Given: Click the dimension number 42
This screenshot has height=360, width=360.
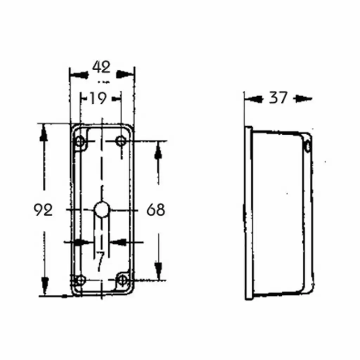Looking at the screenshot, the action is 101,67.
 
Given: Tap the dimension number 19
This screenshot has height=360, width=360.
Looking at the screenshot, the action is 98,98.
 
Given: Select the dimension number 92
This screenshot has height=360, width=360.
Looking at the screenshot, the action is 43,210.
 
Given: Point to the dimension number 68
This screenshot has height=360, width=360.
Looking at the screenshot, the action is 156,210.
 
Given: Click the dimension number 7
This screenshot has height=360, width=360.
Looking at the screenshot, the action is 100,261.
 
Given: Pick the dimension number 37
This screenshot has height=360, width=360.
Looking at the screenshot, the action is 278,98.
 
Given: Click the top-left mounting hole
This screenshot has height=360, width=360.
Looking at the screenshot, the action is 80,141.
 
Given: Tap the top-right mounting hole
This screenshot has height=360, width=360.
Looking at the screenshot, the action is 121,141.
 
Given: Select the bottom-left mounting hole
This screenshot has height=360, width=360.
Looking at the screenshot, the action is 81,280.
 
